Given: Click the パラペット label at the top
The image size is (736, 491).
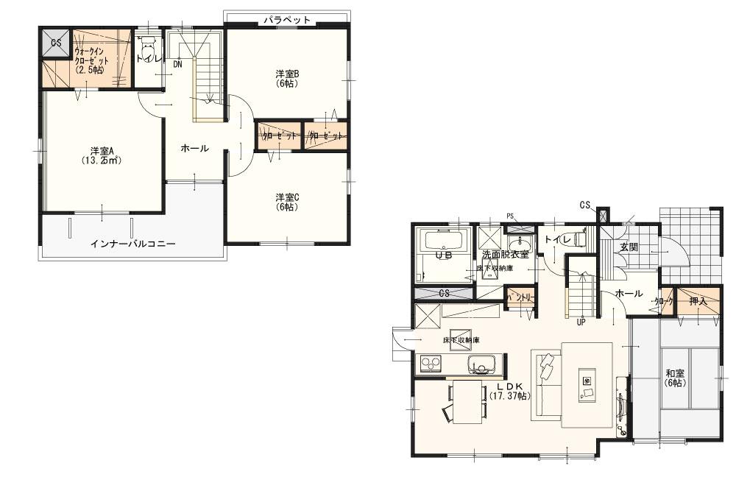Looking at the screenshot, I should click(x=287, y=20).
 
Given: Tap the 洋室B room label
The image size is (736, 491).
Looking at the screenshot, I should click(x=286, y=77).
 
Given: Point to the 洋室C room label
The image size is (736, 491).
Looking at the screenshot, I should click(x=286, y=202).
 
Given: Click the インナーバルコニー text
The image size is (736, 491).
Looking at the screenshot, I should click(x=132, y=243).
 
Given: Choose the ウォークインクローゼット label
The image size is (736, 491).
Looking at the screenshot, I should click(x=91, y=60).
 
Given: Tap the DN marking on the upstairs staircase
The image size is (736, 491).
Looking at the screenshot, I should click(x=177, y=64).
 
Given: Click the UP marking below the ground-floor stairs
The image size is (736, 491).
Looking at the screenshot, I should click(x=581, y=322).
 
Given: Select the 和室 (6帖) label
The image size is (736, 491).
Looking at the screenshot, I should click(x=675, y=378).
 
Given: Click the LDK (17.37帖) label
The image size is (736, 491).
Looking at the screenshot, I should click(x=509, y=390).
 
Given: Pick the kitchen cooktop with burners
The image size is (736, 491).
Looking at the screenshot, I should click(x=429, y=364).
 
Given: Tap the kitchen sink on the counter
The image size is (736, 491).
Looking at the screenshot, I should click(x=481, y=363).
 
